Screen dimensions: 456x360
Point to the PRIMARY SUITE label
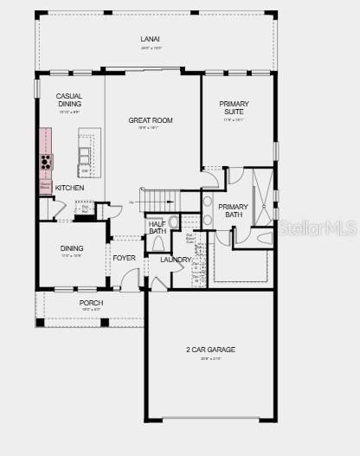(234, 107)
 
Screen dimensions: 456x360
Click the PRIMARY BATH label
(233, 210)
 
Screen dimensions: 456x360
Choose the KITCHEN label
(70, 188)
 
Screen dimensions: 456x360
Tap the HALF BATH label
(157, 228)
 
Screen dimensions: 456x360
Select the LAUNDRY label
(176, 259)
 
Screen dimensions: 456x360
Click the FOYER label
(124, 258)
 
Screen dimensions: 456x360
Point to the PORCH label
(91, 303)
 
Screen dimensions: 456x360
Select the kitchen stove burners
(44, 162)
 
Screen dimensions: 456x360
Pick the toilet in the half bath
(174, 223)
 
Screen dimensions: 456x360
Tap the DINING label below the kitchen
(72, 248)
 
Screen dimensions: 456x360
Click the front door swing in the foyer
(129, 278)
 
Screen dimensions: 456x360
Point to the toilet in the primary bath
(264, 237)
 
